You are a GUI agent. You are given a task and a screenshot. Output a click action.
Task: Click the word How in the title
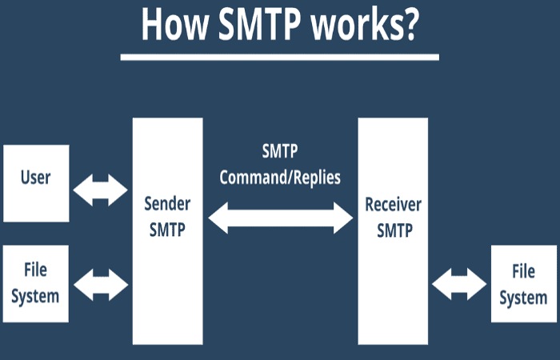pos(174,25)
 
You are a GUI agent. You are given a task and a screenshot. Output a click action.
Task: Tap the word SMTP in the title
pos(260,24)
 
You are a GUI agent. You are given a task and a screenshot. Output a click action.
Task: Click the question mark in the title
pos(407,24)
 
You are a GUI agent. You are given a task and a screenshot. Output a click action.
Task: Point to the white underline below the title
pos(280,57)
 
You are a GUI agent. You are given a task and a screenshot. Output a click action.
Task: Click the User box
pos(36,183)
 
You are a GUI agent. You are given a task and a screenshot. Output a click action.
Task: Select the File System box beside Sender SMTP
pos(36,283)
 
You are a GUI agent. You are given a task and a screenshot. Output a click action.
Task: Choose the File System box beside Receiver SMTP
pos(523,283)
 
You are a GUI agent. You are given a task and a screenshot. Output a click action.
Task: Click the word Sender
pos(167,204)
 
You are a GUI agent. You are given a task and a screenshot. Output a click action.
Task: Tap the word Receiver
pos(394,205)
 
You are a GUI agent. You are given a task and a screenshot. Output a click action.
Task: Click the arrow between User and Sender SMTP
pos(100,190)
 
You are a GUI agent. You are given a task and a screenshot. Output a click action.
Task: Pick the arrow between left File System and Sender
pos(101,285)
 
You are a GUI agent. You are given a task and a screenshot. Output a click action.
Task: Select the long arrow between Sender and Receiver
pos(280,218)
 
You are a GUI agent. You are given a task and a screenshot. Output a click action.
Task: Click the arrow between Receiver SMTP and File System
pos(459,284)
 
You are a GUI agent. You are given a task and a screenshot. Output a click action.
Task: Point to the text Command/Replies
pos(280,178)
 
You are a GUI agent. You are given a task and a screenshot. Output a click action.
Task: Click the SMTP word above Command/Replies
pos(280,151)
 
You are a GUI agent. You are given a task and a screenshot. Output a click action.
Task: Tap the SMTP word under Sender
pos(167,230)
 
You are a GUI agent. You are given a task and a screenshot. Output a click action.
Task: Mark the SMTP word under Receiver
pos(394,230)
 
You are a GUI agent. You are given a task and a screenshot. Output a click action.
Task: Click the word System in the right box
pos(523,298)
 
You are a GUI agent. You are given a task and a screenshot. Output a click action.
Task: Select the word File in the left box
pos(35,270)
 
